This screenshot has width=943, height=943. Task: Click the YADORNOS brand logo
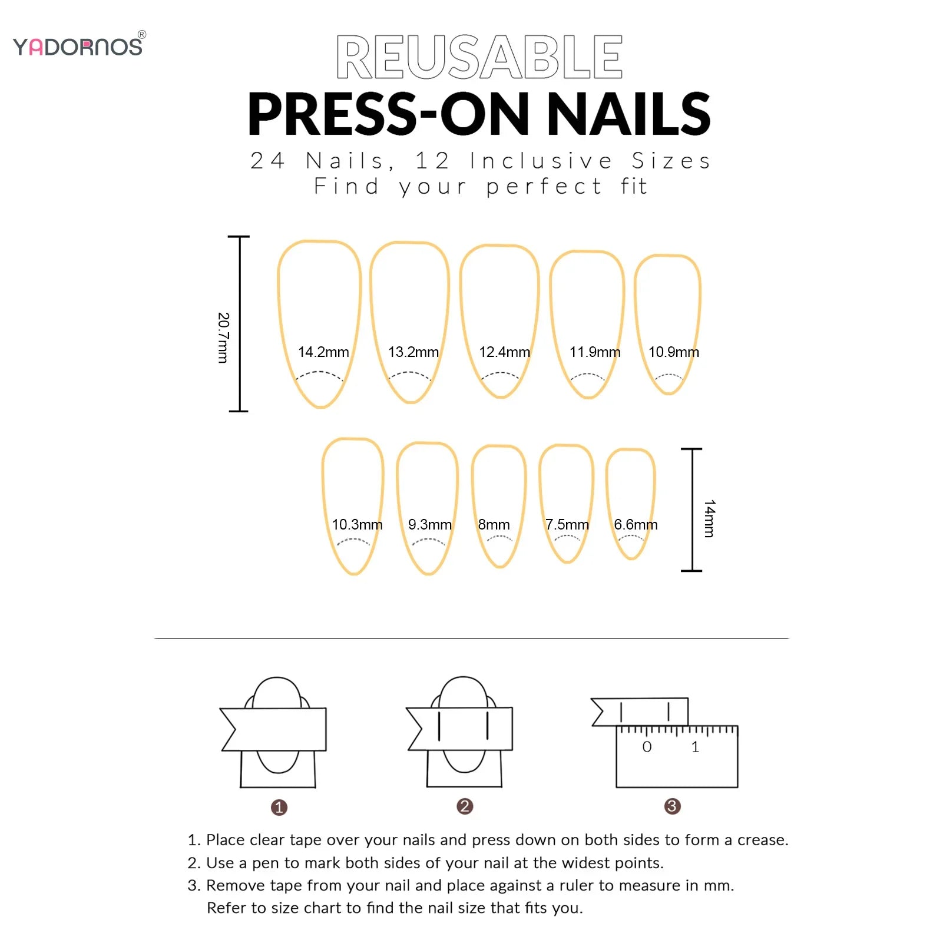tap(78, 46)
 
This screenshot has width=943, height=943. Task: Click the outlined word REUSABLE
tap(479, 57)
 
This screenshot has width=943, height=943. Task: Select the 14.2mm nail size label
tap(323, 352)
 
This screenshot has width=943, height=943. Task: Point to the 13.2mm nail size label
tap(413, 352)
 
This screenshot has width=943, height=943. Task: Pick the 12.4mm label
tap(504, 352)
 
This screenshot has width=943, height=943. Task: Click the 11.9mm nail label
tap(595, 352)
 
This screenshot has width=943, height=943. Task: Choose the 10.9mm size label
tap(673, 352)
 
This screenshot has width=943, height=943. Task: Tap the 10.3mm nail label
tap(357, 524)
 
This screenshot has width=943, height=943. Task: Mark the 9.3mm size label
tap(430, 524)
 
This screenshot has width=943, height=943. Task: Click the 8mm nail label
tap(494, 524)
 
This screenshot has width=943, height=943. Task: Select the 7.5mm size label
tap(567, 524)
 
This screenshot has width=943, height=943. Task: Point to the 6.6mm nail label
tap(636, 524)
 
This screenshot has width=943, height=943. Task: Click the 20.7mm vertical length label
tap(223, 338)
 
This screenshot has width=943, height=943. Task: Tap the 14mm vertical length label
tap(709, 518)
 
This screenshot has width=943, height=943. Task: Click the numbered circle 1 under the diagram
tap(279, 807)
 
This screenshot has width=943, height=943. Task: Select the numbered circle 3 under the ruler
tap(672, 806)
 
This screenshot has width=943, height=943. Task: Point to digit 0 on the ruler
tap(647, 747)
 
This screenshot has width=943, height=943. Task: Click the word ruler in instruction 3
tap(576, 885)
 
